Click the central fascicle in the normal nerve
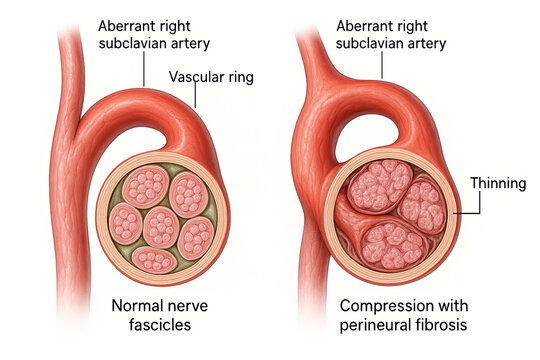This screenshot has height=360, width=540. tap(160, 226)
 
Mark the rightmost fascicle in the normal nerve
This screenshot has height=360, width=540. tap(196, 236)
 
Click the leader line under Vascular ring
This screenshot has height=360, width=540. tap(196, 96)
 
